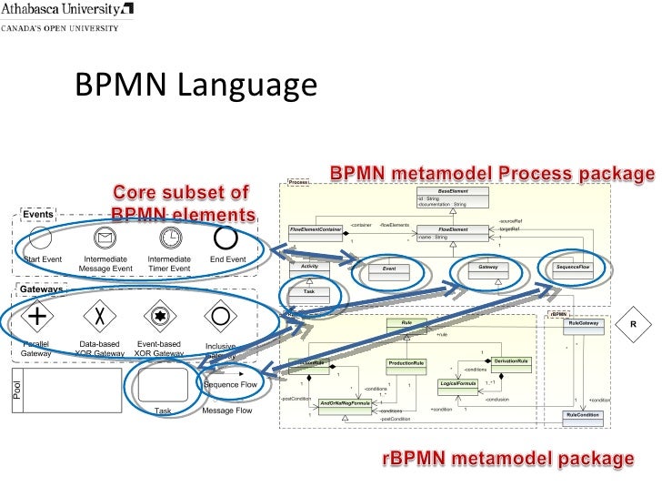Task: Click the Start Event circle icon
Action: (41, 239)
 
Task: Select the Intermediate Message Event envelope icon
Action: (105, 238)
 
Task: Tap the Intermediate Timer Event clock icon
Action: (169, 238)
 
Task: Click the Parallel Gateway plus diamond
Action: (37, 316)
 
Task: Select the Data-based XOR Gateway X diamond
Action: (97, 316)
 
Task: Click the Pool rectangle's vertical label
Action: (15, 390)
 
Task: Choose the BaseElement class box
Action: (452, 197)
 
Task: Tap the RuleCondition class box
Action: (582, 415)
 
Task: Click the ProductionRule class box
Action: (406, 363)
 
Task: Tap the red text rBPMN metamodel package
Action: (505, 457)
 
